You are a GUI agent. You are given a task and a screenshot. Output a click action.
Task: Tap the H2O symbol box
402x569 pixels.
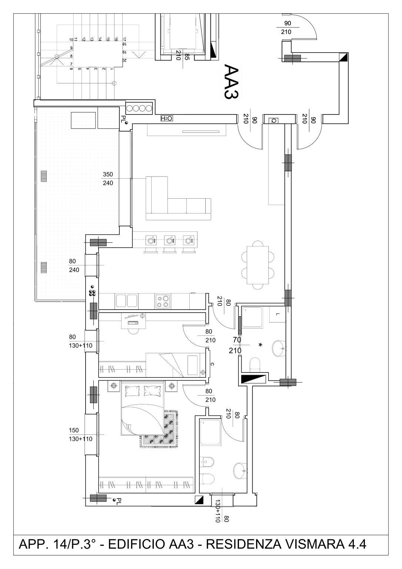click(x=167, y=118)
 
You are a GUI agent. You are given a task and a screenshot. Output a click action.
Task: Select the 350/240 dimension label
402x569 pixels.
click(x=108, y=179)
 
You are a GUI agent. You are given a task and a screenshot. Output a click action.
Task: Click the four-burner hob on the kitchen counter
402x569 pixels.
click(x=163, y=301)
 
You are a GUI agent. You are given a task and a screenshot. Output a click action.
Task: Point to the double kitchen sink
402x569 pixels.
click(x=127, y=301)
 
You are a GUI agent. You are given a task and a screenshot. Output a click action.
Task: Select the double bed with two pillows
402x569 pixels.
click(x=143, y=408)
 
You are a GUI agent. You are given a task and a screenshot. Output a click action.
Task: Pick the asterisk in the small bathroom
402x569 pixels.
click(x=260, y=345)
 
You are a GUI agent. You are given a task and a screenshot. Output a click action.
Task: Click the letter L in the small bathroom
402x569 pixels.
click(x=278, y=315)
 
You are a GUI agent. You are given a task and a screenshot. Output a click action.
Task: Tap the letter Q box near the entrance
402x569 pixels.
click(x=273, y=121)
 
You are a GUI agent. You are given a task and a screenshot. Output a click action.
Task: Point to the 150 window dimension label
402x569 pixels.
click(x=74, y=430)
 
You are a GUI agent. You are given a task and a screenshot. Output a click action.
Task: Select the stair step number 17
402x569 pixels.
click(x=124, y=39)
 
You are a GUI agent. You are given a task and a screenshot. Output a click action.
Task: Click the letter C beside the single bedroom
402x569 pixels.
click(x=212, y=364)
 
